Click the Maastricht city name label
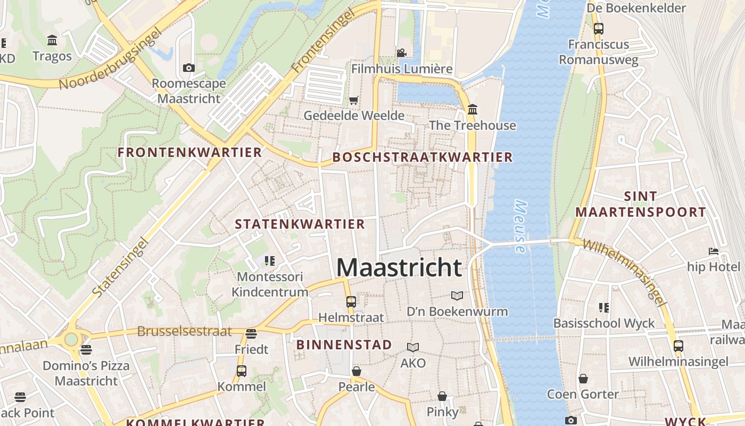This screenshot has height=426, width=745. [399, 267]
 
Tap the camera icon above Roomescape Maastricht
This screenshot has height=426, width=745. [189, 68]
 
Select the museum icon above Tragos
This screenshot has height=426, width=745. [52, 40]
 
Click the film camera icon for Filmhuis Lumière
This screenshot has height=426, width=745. [401, 53]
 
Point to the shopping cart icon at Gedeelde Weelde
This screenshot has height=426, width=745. [353, 100]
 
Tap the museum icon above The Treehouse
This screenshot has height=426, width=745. [472, 110]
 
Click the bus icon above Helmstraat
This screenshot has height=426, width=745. [351, 302]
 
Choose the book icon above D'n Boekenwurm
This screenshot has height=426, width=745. [457, 296]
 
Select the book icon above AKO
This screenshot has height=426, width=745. [413, 347]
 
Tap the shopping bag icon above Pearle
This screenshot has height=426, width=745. [357, 371]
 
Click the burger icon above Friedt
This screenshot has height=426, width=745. [251, 334]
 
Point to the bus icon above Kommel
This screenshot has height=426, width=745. [242, 371]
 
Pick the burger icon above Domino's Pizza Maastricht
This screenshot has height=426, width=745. [86, 350]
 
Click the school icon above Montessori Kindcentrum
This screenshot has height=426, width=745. [270, 261]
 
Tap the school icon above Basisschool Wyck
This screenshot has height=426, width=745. [604, 307]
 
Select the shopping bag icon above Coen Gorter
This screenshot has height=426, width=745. [583, 379]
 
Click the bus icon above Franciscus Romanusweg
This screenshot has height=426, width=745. [599, 29]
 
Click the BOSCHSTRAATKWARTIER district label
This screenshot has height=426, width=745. [423, 157]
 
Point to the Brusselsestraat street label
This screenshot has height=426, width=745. [185, 331]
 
